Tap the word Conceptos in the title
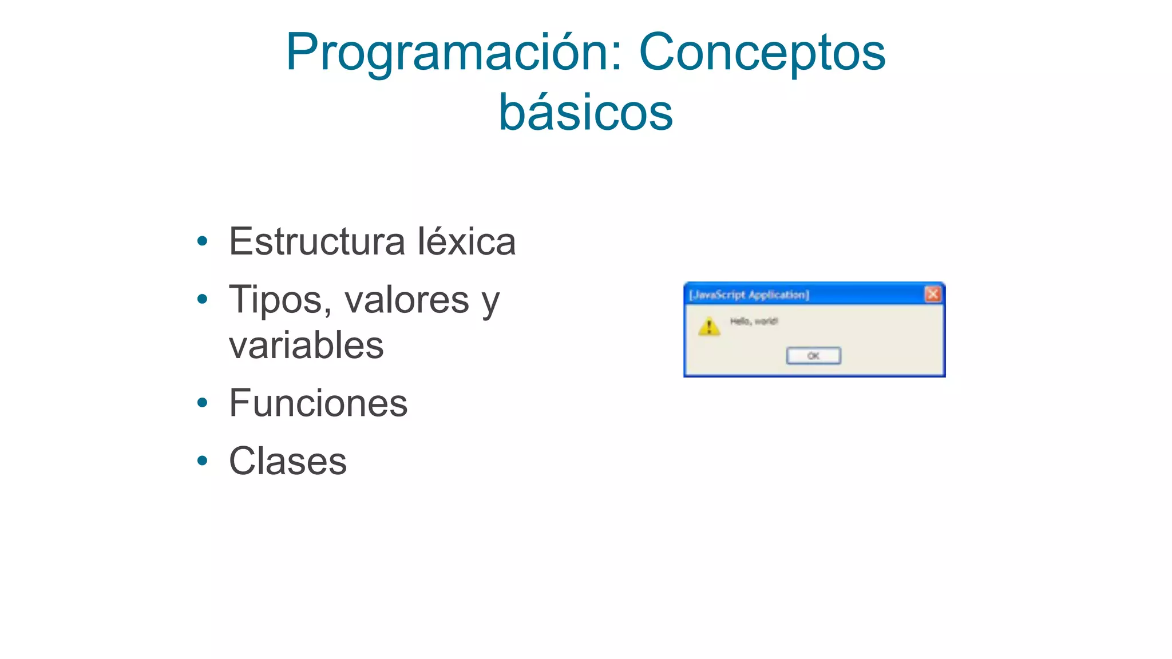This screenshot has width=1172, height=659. [x=762, y=53]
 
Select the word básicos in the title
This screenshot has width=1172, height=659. [x=585, y=113]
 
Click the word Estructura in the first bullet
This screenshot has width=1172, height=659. [x=318, y=241]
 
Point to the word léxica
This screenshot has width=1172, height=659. [x=466, y=241]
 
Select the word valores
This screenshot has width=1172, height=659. [x=406, y=300]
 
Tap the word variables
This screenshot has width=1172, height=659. [x=306, y=346]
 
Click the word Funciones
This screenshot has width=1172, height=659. [x=318, y=403]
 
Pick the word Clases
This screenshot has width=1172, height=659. [x=288, y=461]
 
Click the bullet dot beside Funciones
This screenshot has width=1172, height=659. [x=202, y=403]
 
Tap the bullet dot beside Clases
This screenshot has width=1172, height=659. [x=202, y=460]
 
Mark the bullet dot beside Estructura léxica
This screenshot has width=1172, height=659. [x=202, y=241]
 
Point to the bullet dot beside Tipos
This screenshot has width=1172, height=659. [x=202, y=299]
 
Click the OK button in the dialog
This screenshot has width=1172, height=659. [x=813, y=356]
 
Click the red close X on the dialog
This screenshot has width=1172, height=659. [x=932, y=294]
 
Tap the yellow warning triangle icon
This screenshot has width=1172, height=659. [x=709, y=327]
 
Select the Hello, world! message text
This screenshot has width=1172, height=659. [x=754, y=321]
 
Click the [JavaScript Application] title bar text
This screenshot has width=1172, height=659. [x=749, y=295]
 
